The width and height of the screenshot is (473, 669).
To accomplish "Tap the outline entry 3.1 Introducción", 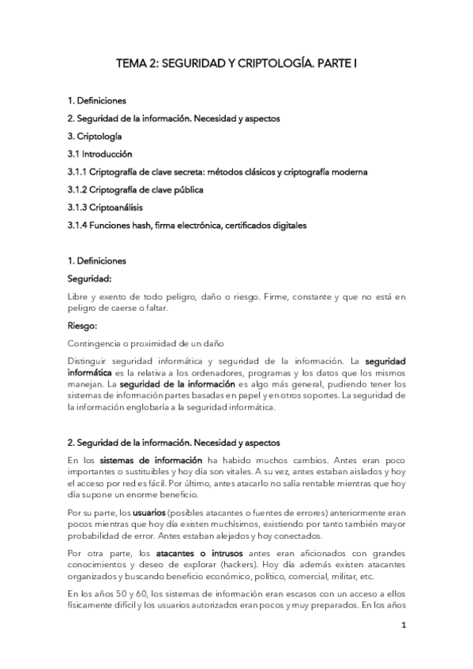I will [99, 154].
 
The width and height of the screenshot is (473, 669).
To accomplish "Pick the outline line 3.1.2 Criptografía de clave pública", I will [136, 189].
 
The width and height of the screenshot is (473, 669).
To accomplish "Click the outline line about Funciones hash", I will [187, 226].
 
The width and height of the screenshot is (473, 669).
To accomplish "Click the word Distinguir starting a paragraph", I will [88, 361].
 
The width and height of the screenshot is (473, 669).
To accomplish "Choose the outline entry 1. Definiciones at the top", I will [96, 101].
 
